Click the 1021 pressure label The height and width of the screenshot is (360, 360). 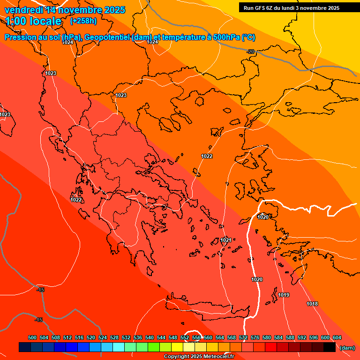225,240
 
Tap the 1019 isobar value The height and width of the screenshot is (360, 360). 284,295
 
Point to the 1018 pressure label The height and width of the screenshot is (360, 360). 312,304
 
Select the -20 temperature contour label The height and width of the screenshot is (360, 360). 251,52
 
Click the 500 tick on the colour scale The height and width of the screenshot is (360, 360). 32,337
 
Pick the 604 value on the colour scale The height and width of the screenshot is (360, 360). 337,337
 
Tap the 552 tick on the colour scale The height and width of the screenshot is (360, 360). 185,337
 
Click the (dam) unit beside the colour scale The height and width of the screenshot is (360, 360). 347,348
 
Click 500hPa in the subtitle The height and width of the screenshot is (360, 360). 227,37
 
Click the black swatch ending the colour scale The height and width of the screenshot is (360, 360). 329,347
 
